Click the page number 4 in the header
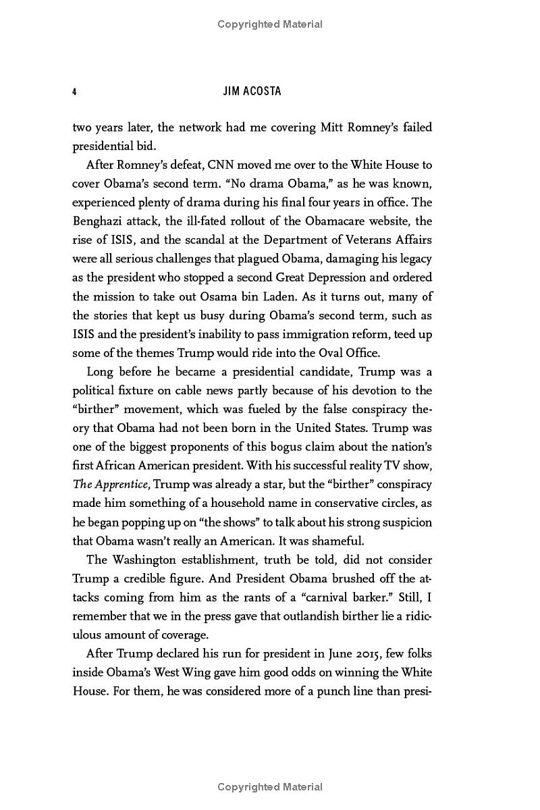pos(74,92)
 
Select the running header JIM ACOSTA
pos(252,92)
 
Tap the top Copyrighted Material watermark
pos(270,24)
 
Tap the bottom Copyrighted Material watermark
pos(270,787)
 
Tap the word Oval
pos(327,353)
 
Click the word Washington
pos(144,560)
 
